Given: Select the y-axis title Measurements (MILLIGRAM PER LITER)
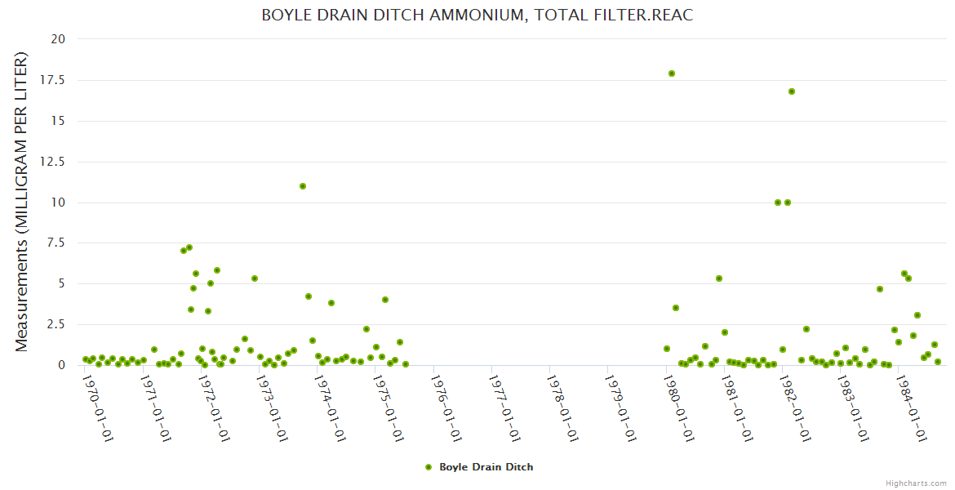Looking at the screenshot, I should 22,202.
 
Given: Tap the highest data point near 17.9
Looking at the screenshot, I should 672,73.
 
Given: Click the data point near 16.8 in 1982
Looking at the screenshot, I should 792,91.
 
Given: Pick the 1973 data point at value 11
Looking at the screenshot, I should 303,186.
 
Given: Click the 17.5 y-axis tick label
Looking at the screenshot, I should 55,80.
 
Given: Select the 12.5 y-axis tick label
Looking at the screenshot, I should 55,162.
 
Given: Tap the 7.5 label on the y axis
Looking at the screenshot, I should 57,243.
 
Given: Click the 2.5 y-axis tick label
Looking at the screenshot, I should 57,325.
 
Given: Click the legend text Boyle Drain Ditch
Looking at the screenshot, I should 486,467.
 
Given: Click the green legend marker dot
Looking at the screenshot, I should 429,467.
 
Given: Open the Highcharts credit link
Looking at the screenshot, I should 916,483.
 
